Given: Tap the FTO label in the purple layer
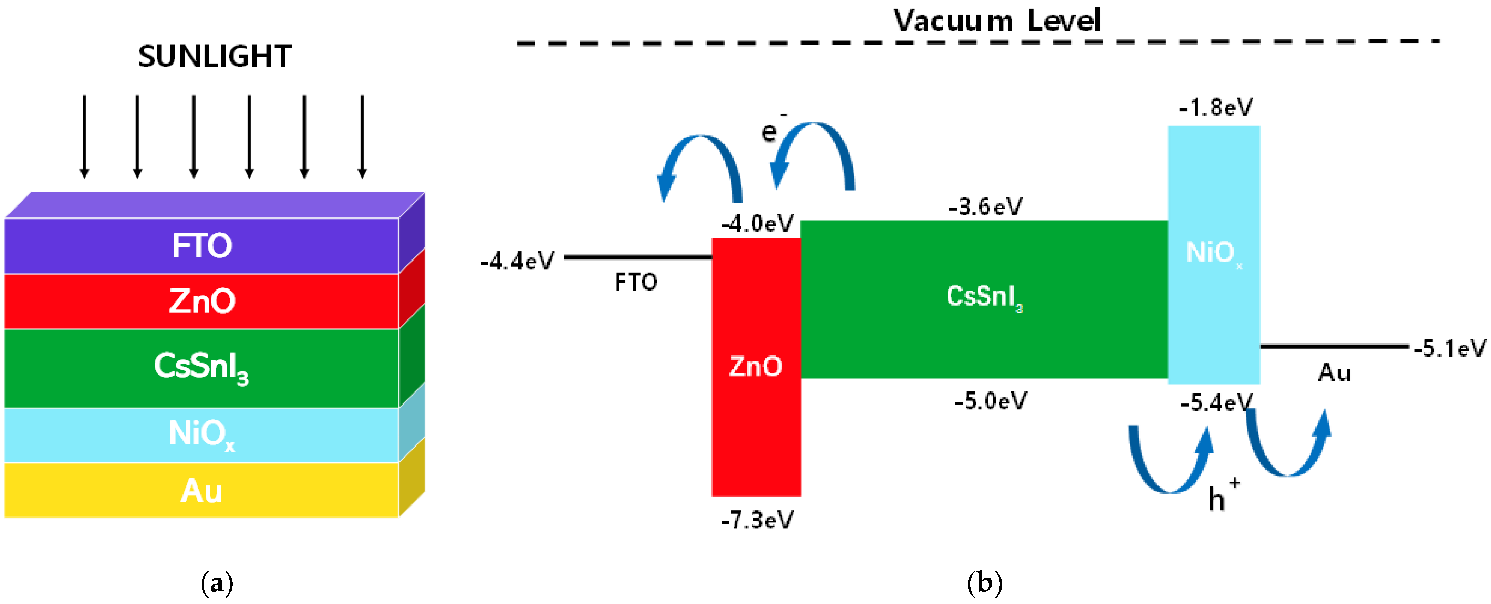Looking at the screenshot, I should tap(202, 246).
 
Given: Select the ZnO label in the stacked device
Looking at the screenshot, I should tap(202, 301).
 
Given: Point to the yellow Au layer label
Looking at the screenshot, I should tap(202, 491).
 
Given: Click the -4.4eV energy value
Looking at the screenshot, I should tap(517, 261).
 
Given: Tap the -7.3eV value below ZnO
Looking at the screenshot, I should tap(757, 520).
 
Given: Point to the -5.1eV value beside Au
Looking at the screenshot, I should tap(1449, 348).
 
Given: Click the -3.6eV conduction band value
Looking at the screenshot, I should tap(985, 206).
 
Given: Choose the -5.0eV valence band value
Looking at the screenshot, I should tap(991, 401).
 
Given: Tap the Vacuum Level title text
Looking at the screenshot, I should tap(996, 22).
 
